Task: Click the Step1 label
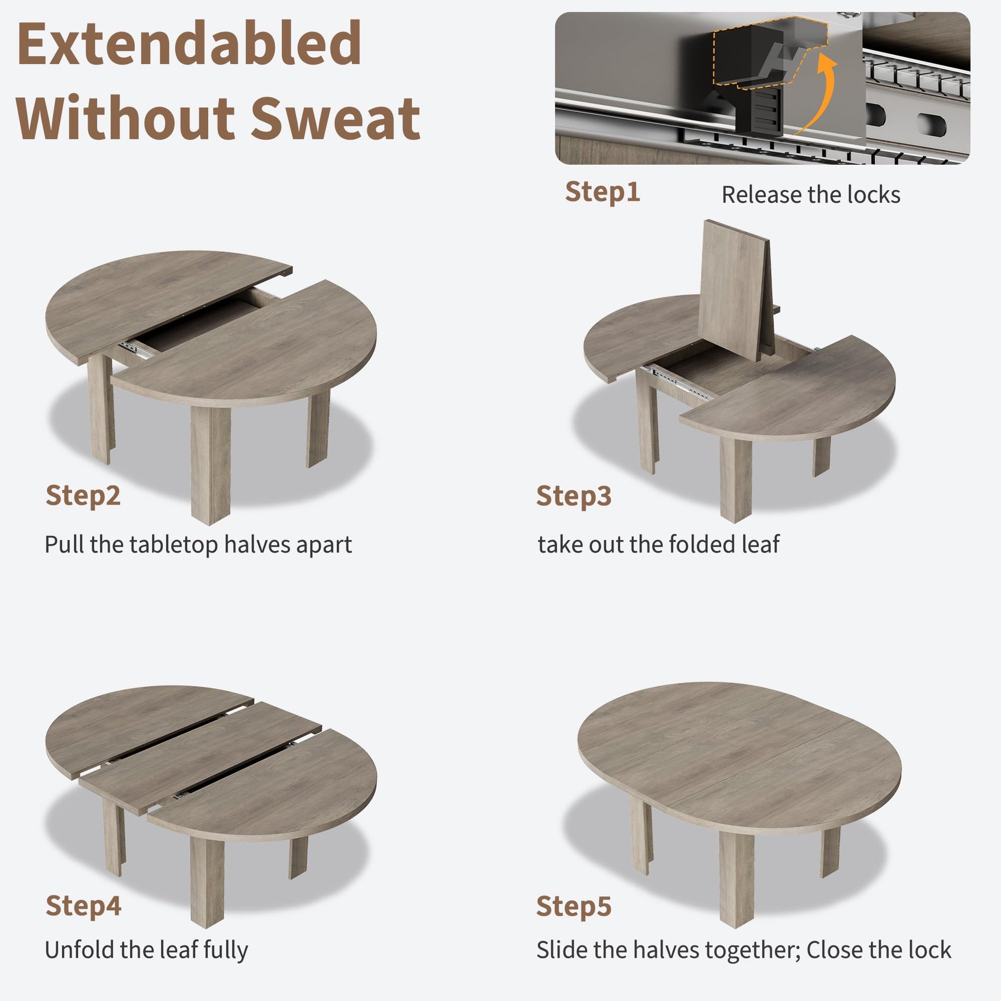pos(602,192)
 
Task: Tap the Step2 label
pos(83,496)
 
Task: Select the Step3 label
pos(574,496)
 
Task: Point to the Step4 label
pos(83,906)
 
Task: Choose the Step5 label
pos(574,907)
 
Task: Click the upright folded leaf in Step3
pos(736,290)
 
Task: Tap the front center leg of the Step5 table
pos(736,878)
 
